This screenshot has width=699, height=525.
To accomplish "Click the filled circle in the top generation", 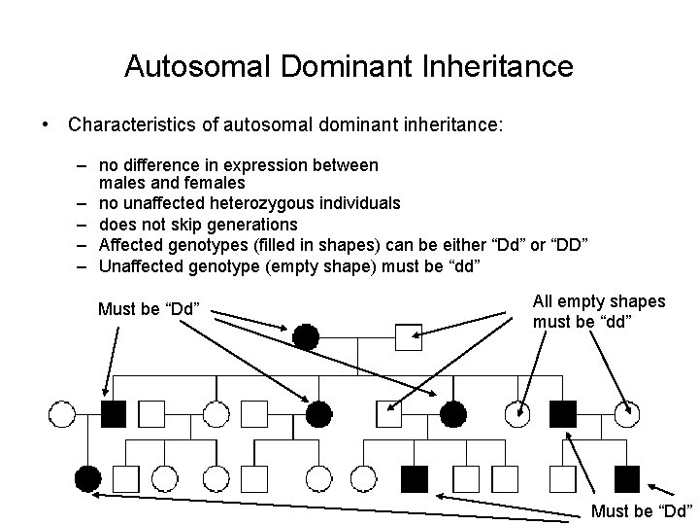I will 306,337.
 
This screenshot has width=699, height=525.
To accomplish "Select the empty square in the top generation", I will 409,337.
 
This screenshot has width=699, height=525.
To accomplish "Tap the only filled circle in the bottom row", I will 87,477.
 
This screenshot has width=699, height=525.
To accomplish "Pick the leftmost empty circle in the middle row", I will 61,414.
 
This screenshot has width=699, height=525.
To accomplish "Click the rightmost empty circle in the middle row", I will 628,414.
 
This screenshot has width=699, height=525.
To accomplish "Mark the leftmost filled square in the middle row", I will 114,414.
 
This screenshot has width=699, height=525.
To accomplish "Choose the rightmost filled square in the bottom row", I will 627,477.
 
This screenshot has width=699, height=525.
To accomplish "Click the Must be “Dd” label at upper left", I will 149,310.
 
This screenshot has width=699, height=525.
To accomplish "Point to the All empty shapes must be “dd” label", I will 599,311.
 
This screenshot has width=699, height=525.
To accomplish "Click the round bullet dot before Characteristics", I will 45,126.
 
